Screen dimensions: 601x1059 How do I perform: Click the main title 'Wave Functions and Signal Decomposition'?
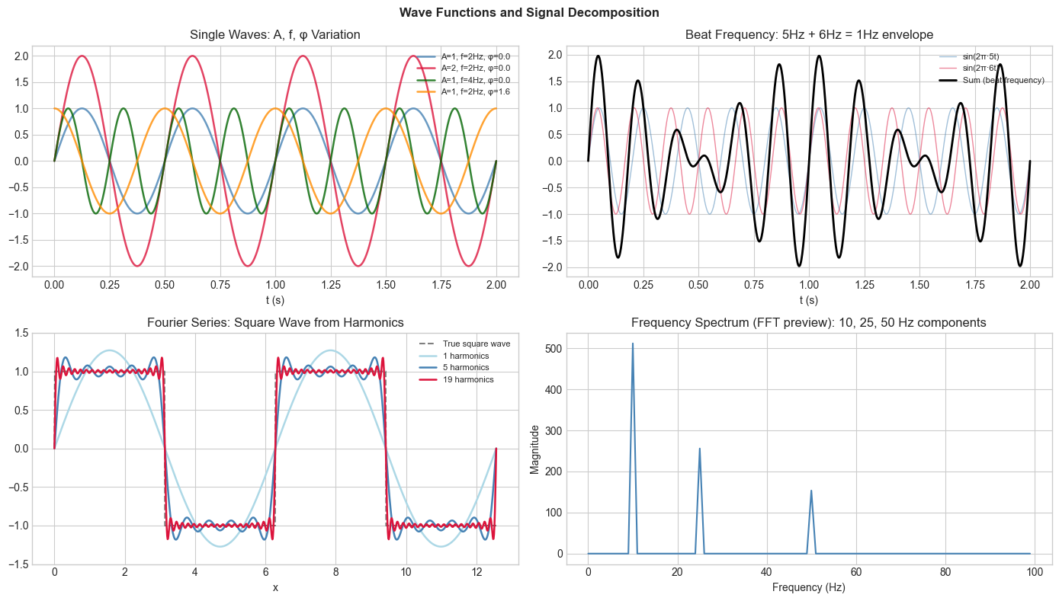click(x=529, y=12)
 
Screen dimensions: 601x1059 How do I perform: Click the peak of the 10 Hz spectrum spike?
click(x=632, y=344)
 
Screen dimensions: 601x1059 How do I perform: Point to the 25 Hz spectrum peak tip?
click(x=699, y=449)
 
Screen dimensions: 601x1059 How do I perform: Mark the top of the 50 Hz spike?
click(x=811, y=491)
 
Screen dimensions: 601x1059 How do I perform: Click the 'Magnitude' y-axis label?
click(x=535, y=449)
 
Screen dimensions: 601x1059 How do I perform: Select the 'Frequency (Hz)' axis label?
click(x=809, y=587)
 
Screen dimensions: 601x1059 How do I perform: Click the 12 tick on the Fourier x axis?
click(x=477, y=571)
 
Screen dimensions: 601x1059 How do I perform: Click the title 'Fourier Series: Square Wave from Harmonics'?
click(x=275, y=322)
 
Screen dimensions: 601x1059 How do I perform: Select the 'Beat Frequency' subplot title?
click(x=809, y=34)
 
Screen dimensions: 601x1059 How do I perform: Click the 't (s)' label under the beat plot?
click(x=809, y=299)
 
